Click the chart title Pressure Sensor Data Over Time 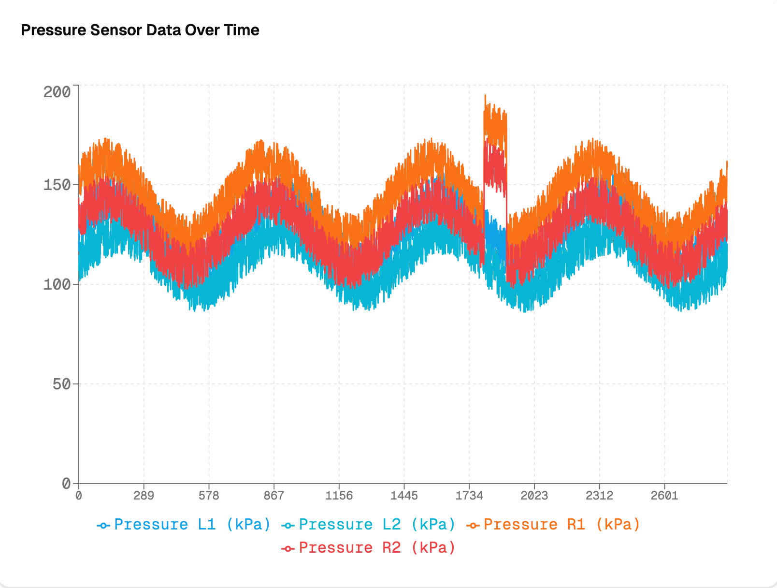coord(140,30)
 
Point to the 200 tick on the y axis coord(57,92)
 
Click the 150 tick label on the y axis coord(57,185)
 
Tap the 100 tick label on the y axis coord(57,284)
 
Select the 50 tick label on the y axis coord(61,384)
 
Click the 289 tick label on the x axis coord(144,496)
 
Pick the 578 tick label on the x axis coord(209,496)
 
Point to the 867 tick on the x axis coord(274,496)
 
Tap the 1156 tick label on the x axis coord(339,496)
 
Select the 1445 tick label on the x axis coord(404,496)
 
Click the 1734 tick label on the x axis coord(469,496)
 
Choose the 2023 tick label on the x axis coord(534,496)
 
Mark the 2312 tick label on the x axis coord(599,496)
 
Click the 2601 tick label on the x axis coord(664,496)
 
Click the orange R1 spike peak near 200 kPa coord(485,96)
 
